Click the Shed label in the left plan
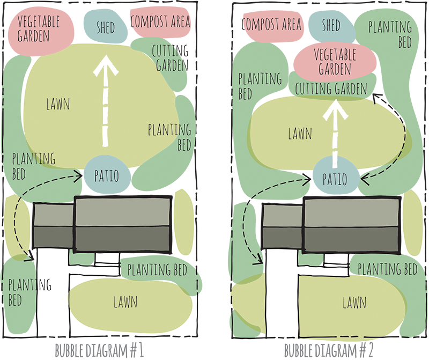click(x=106, y=27)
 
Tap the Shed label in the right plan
click(x=330, y=25)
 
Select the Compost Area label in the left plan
click(x=160, y=22)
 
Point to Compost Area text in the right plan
click(x=272, y=25)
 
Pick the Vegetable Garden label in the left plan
click(x=38, y=28)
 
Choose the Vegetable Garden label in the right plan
click(x=335, y=61)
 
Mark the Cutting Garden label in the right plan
click(x=330, y=89)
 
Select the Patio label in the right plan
click(x=335, y=179)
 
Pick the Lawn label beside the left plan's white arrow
click(x=58, y=104)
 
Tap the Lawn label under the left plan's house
click(x=125, y=302)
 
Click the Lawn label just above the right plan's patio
click(x=300, y=134)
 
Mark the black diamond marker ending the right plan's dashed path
click(x=378, y=96)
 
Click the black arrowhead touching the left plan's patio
click(x=80, y=173)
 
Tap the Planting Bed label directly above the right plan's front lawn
click(x=387, y=268)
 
